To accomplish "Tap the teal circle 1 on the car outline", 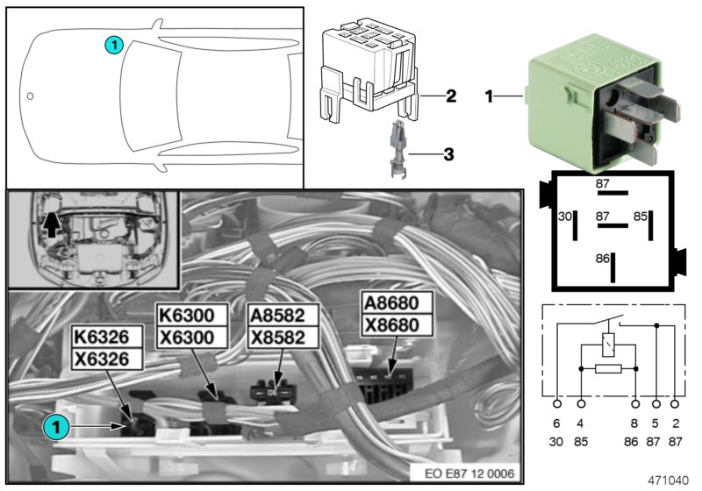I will click(113, 43).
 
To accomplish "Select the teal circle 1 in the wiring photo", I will click(54, 427).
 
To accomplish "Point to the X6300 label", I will click(192, 337).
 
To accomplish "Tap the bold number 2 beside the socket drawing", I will click(450, 96).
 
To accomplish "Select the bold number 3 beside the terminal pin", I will click(448, 155).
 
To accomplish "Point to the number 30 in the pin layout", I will click(566, 216).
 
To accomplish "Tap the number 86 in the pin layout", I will click(603, 260).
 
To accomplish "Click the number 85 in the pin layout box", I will click(641, 216).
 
